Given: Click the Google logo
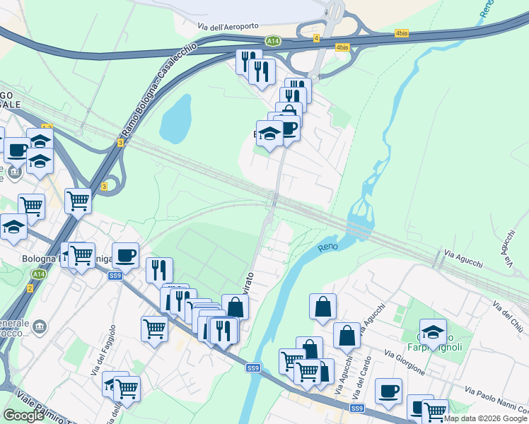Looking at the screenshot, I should pyautogui.click(x=23, y=416).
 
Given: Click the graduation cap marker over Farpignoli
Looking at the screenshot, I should pyautogui.click(x=433, y=331).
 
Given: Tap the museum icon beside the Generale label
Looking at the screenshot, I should pyautogui.click(x=40, y=325).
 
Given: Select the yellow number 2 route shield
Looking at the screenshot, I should pyautogui.click(x=30, y=288).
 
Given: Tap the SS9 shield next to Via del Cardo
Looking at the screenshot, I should pyautogui.click(x=356, y=408).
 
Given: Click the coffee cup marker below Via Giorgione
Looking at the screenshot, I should pyautogui.click(x=388, y=391).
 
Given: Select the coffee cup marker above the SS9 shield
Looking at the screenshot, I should pyautogui.click(x=125, y=254).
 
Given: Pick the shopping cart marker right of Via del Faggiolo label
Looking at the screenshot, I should pyautogui.click(x=127, y=387).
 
